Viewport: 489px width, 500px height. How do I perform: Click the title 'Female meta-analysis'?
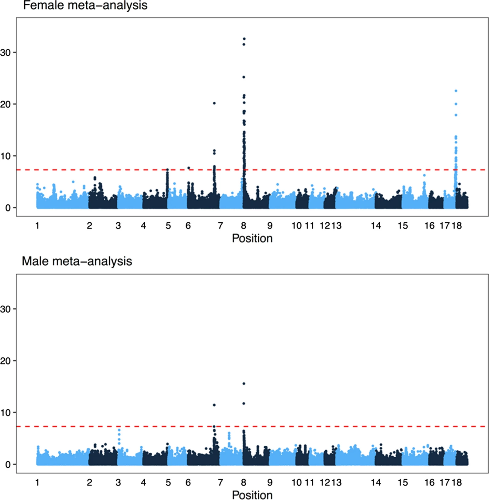point(85,6)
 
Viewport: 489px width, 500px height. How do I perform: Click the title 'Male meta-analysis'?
point(77,261)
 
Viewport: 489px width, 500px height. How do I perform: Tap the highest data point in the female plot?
point(244,39)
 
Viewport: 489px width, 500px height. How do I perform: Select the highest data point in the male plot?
point(244,384)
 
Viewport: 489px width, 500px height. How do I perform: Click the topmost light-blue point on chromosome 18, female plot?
point(456,91)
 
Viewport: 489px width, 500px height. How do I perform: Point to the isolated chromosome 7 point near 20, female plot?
point(214,103)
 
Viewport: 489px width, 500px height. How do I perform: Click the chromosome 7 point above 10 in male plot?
point(214,405)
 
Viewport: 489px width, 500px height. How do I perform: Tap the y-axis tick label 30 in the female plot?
point(6,53)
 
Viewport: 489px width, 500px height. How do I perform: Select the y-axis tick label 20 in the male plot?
point(6,361)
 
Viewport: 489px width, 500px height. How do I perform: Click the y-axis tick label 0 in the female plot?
point(8,208)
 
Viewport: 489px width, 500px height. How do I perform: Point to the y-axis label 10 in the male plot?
point(6,412)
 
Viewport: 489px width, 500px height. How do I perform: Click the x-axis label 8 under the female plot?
point(244,226)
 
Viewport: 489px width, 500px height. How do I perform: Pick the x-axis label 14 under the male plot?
point(376,483)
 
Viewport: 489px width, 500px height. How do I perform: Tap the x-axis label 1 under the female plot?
point(37,226)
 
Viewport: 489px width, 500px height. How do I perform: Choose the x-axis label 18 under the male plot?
point(457,483)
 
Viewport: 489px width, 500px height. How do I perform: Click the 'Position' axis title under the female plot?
point(252,238)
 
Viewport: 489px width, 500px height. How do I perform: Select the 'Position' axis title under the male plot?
point(252,495)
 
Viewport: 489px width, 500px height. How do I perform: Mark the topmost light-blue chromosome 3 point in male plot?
point(119,430)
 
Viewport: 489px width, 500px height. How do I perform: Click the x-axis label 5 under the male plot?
point(168,483)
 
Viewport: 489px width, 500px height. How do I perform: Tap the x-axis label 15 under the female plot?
point(403,226)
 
